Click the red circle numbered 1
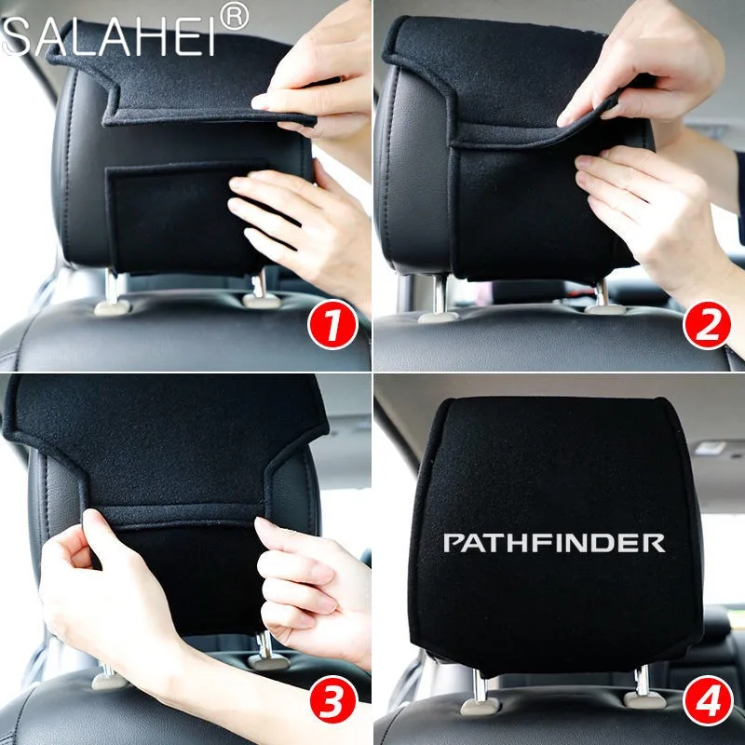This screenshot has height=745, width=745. (332, 325)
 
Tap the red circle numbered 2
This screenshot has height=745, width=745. (707, 325)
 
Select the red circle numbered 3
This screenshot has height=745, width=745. (332, 699)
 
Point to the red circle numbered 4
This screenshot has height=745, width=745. (707, 699)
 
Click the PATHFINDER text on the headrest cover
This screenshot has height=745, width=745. (554, 543)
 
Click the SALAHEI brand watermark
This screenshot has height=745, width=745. (108, 37)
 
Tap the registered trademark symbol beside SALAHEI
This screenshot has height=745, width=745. (235, 17)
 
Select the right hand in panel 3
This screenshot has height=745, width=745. (309, 589)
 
